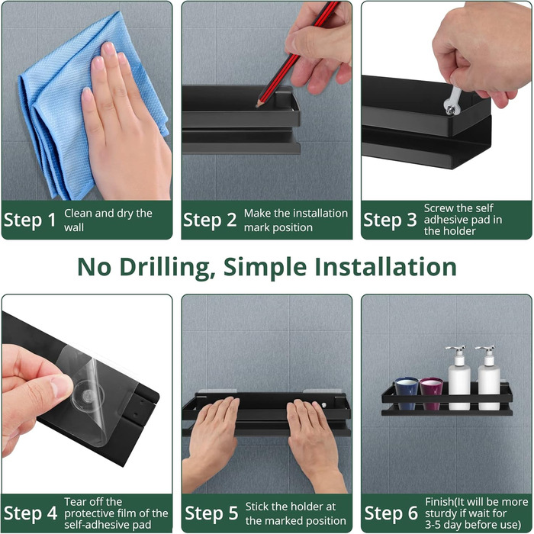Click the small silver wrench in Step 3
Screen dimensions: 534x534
(452, 101)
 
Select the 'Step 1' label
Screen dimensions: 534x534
(30, 220)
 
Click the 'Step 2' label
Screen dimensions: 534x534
(210, 220)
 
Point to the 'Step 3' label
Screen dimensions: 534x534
(390, 220)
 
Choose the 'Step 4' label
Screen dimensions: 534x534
(31, 513)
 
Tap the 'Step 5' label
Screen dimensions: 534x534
(211, 513)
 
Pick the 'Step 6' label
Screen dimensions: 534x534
(391, 513)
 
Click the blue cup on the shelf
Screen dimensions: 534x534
(407, 393)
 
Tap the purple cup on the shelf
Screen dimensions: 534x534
(431, 393)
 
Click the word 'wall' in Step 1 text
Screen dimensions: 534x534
(73, 227)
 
